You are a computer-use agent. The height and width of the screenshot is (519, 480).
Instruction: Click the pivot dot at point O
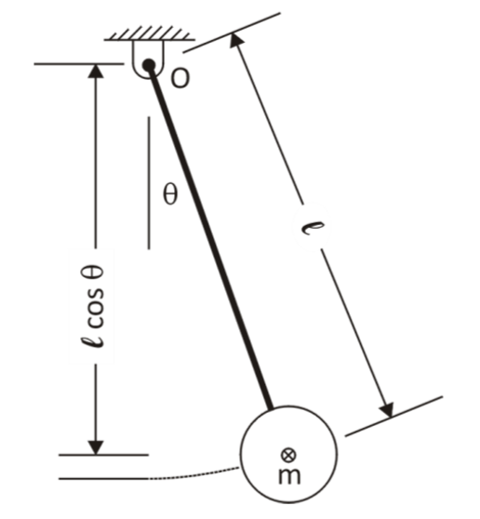click(x=148, y=65)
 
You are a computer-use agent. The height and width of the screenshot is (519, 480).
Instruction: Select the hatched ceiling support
click(x=149, y=36)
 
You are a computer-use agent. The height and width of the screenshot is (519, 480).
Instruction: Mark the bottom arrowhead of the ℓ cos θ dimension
click(x=94, y=446)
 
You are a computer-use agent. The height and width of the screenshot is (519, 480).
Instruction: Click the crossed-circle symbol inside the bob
click(x=288, y=454)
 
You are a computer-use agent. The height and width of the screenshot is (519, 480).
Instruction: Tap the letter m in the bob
click(x=288, y=476)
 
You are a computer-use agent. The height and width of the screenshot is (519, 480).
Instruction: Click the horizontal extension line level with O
click(x=78, y=64)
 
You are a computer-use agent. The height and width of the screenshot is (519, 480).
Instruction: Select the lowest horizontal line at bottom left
click(x=102, y=479)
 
